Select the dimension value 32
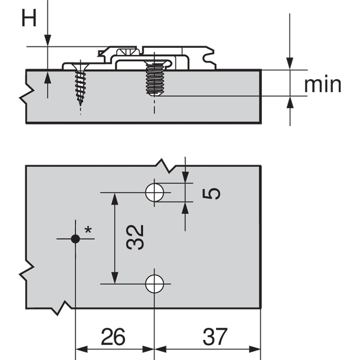click(135, 237)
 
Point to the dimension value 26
click(113, 337)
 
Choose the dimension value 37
click(214, 337)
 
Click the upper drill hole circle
click(154, 192)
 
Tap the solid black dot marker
click(76, 238)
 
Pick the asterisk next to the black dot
click(88, 230)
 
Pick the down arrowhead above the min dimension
click(290, 64)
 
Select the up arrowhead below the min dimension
click(290, 102)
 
